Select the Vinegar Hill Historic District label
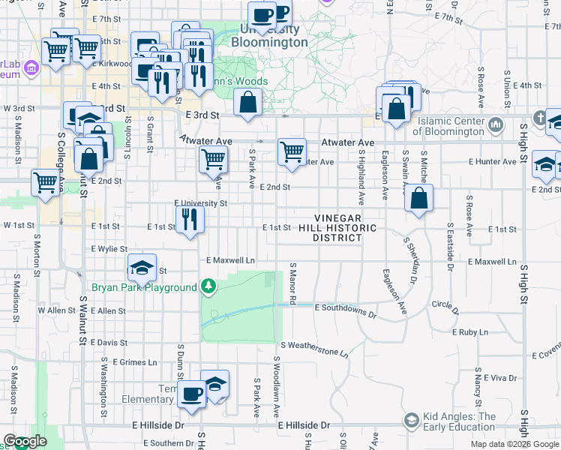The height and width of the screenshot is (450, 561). click(338, 227)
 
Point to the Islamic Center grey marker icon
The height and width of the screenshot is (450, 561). click(495, 123)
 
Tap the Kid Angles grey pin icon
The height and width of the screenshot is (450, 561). click(411, 421)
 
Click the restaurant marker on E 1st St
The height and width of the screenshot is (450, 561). click(189, 220)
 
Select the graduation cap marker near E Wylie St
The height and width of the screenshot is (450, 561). click(141, 268)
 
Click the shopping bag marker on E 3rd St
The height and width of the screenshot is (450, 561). click(247, 102)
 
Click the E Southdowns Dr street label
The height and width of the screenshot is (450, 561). click(346, 308)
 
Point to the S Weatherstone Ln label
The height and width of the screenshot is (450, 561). click(315, 348)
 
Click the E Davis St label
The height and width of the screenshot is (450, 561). click(109, 342)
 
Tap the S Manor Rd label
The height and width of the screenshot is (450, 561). click(293, 283)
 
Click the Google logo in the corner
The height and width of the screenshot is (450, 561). click(24, 442)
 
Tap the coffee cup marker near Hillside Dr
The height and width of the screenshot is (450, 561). click(191, 395)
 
